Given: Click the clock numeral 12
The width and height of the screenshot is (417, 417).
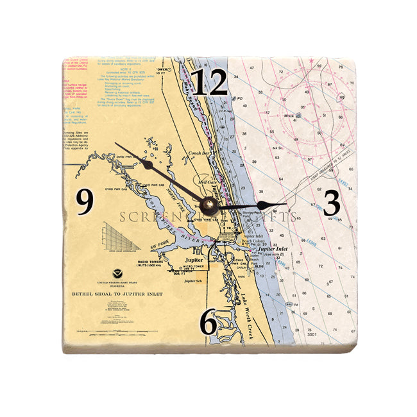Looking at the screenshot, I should click(210, 83).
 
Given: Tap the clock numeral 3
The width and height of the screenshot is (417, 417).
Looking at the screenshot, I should click(331, 203).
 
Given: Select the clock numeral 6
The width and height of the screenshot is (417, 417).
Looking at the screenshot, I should click(209, 323).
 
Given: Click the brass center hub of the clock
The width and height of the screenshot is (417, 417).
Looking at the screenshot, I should click(208, 205).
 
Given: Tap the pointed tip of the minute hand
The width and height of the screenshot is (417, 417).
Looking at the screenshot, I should click(116, 142).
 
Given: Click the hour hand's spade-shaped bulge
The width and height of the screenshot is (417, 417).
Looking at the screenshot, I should click(266, 205).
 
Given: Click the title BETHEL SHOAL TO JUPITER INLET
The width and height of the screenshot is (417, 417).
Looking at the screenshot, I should click(117, 294).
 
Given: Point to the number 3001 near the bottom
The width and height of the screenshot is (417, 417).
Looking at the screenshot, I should click(312, 334).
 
